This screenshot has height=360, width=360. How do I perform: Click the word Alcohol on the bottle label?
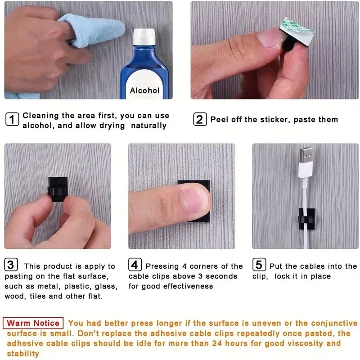tap(144, 90)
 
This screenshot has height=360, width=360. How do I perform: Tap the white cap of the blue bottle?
tap(144, 36)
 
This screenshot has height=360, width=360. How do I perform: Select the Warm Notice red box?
tap(33, 323)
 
